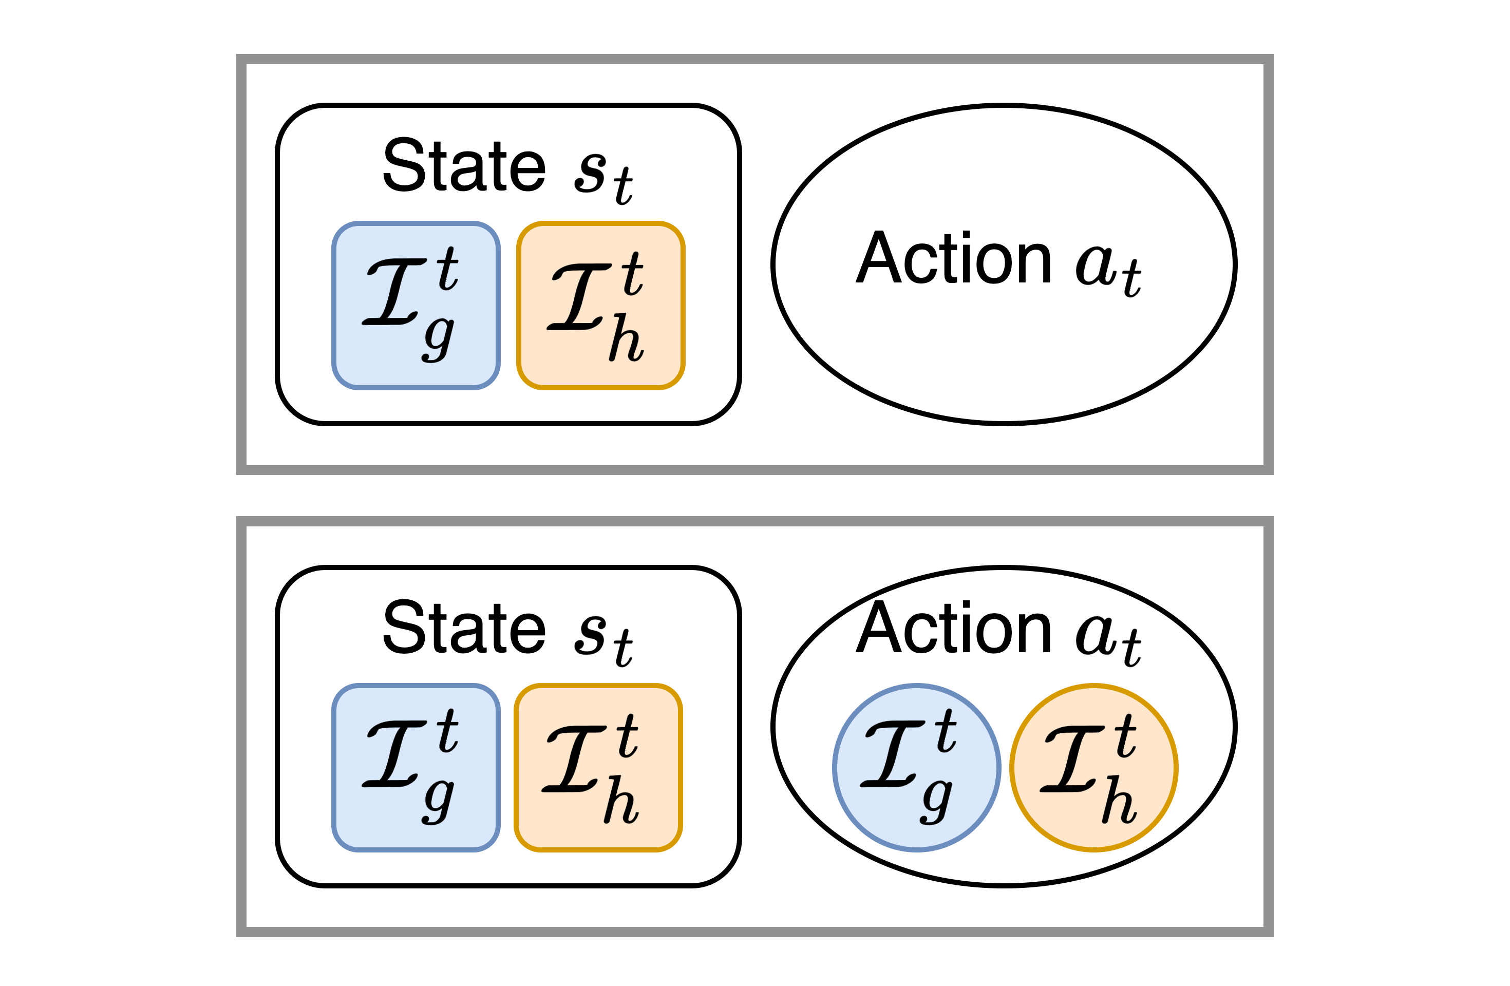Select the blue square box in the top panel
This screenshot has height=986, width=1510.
(416, 305)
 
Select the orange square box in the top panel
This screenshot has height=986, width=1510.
(600, 305)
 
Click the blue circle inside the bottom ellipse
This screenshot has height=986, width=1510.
(916, 768)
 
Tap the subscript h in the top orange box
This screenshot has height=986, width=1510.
(626, 339)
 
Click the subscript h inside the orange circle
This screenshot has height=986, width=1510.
(1119, 801)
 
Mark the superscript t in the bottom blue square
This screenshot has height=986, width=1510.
(447, 731)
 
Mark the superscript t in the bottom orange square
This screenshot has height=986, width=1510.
(627, 736)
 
